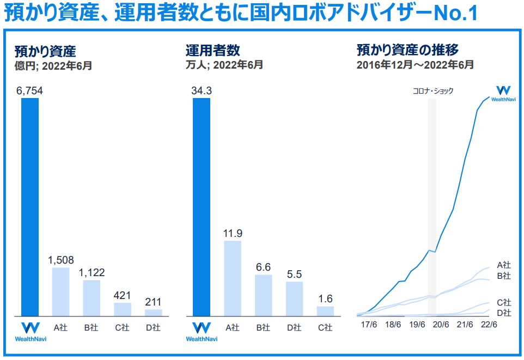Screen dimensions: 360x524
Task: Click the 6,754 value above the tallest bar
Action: tap(30, 90)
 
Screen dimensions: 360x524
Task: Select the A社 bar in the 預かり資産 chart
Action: tap(60, 291)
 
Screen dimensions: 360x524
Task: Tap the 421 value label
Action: tap(123, 295)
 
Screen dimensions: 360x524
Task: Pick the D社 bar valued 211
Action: tap(153, 313)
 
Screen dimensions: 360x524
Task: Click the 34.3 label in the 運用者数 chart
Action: tap(202, 90)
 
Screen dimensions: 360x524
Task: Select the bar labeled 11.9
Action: tap(233, 278)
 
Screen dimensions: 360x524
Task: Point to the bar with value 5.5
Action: tap(294, 298)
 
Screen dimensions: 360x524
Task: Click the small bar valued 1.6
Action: tap(325, 310)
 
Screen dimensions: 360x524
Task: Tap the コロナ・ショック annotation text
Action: tap(432, 91)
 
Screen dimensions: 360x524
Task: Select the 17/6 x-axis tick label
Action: tap(369, 325)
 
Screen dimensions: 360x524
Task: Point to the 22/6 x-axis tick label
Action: tap(490, 325)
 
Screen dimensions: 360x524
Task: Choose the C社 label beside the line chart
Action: tap(504, 302)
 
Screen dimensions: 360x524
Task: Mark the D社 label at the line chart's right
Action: tap(504, 313)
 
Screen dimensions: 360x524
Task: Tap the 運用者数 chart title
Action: tap(212, 51)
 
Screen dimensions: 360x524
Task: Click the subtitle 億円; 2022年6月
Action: tap(53, 65)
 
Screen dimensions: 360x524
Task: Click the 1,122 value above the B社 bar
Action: tap(92, 272)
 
